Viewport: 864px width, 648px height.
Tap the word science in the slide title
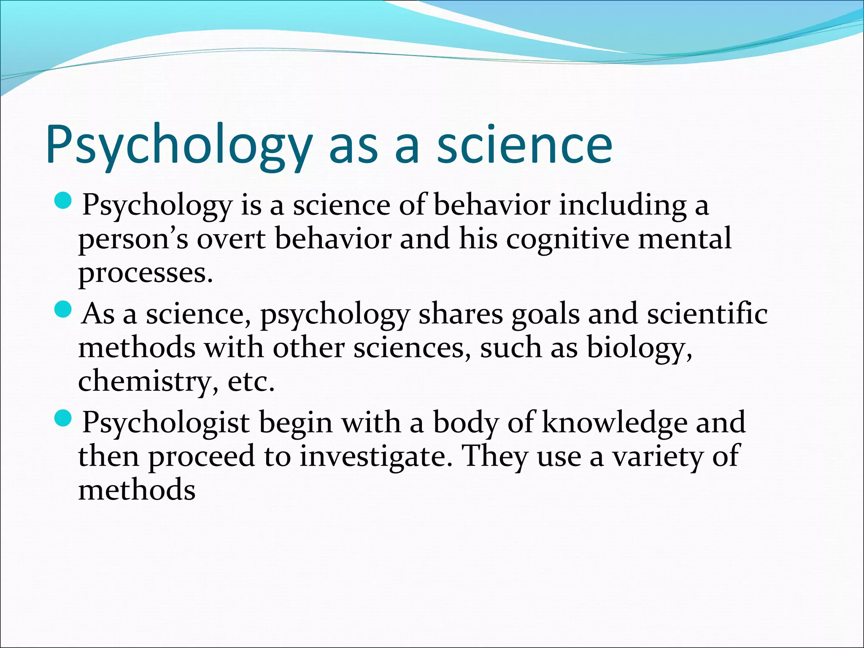pyautogui.click(x=524, y=144)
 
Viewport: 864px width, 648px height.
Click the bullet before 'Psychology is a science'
pyautogui.click(x=64, y=200)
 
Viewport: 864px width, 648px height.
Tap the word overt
pyautogui.click(x=232, y=239)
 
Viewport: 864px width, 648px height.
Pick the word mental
pyautogui.click(x=685, y=239)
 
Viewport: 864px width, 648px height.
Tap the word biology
pyautogui.click(x=639, y=349)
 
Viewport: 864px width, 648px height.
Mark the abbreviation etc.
pyautogui.click(x=251, y=382)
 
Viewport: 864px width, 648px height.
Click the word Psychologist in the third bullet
pyautogui.click(x=166, y=423)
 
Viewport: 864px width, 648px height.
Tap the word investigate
pyautogui.click(x=373, y=457)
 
